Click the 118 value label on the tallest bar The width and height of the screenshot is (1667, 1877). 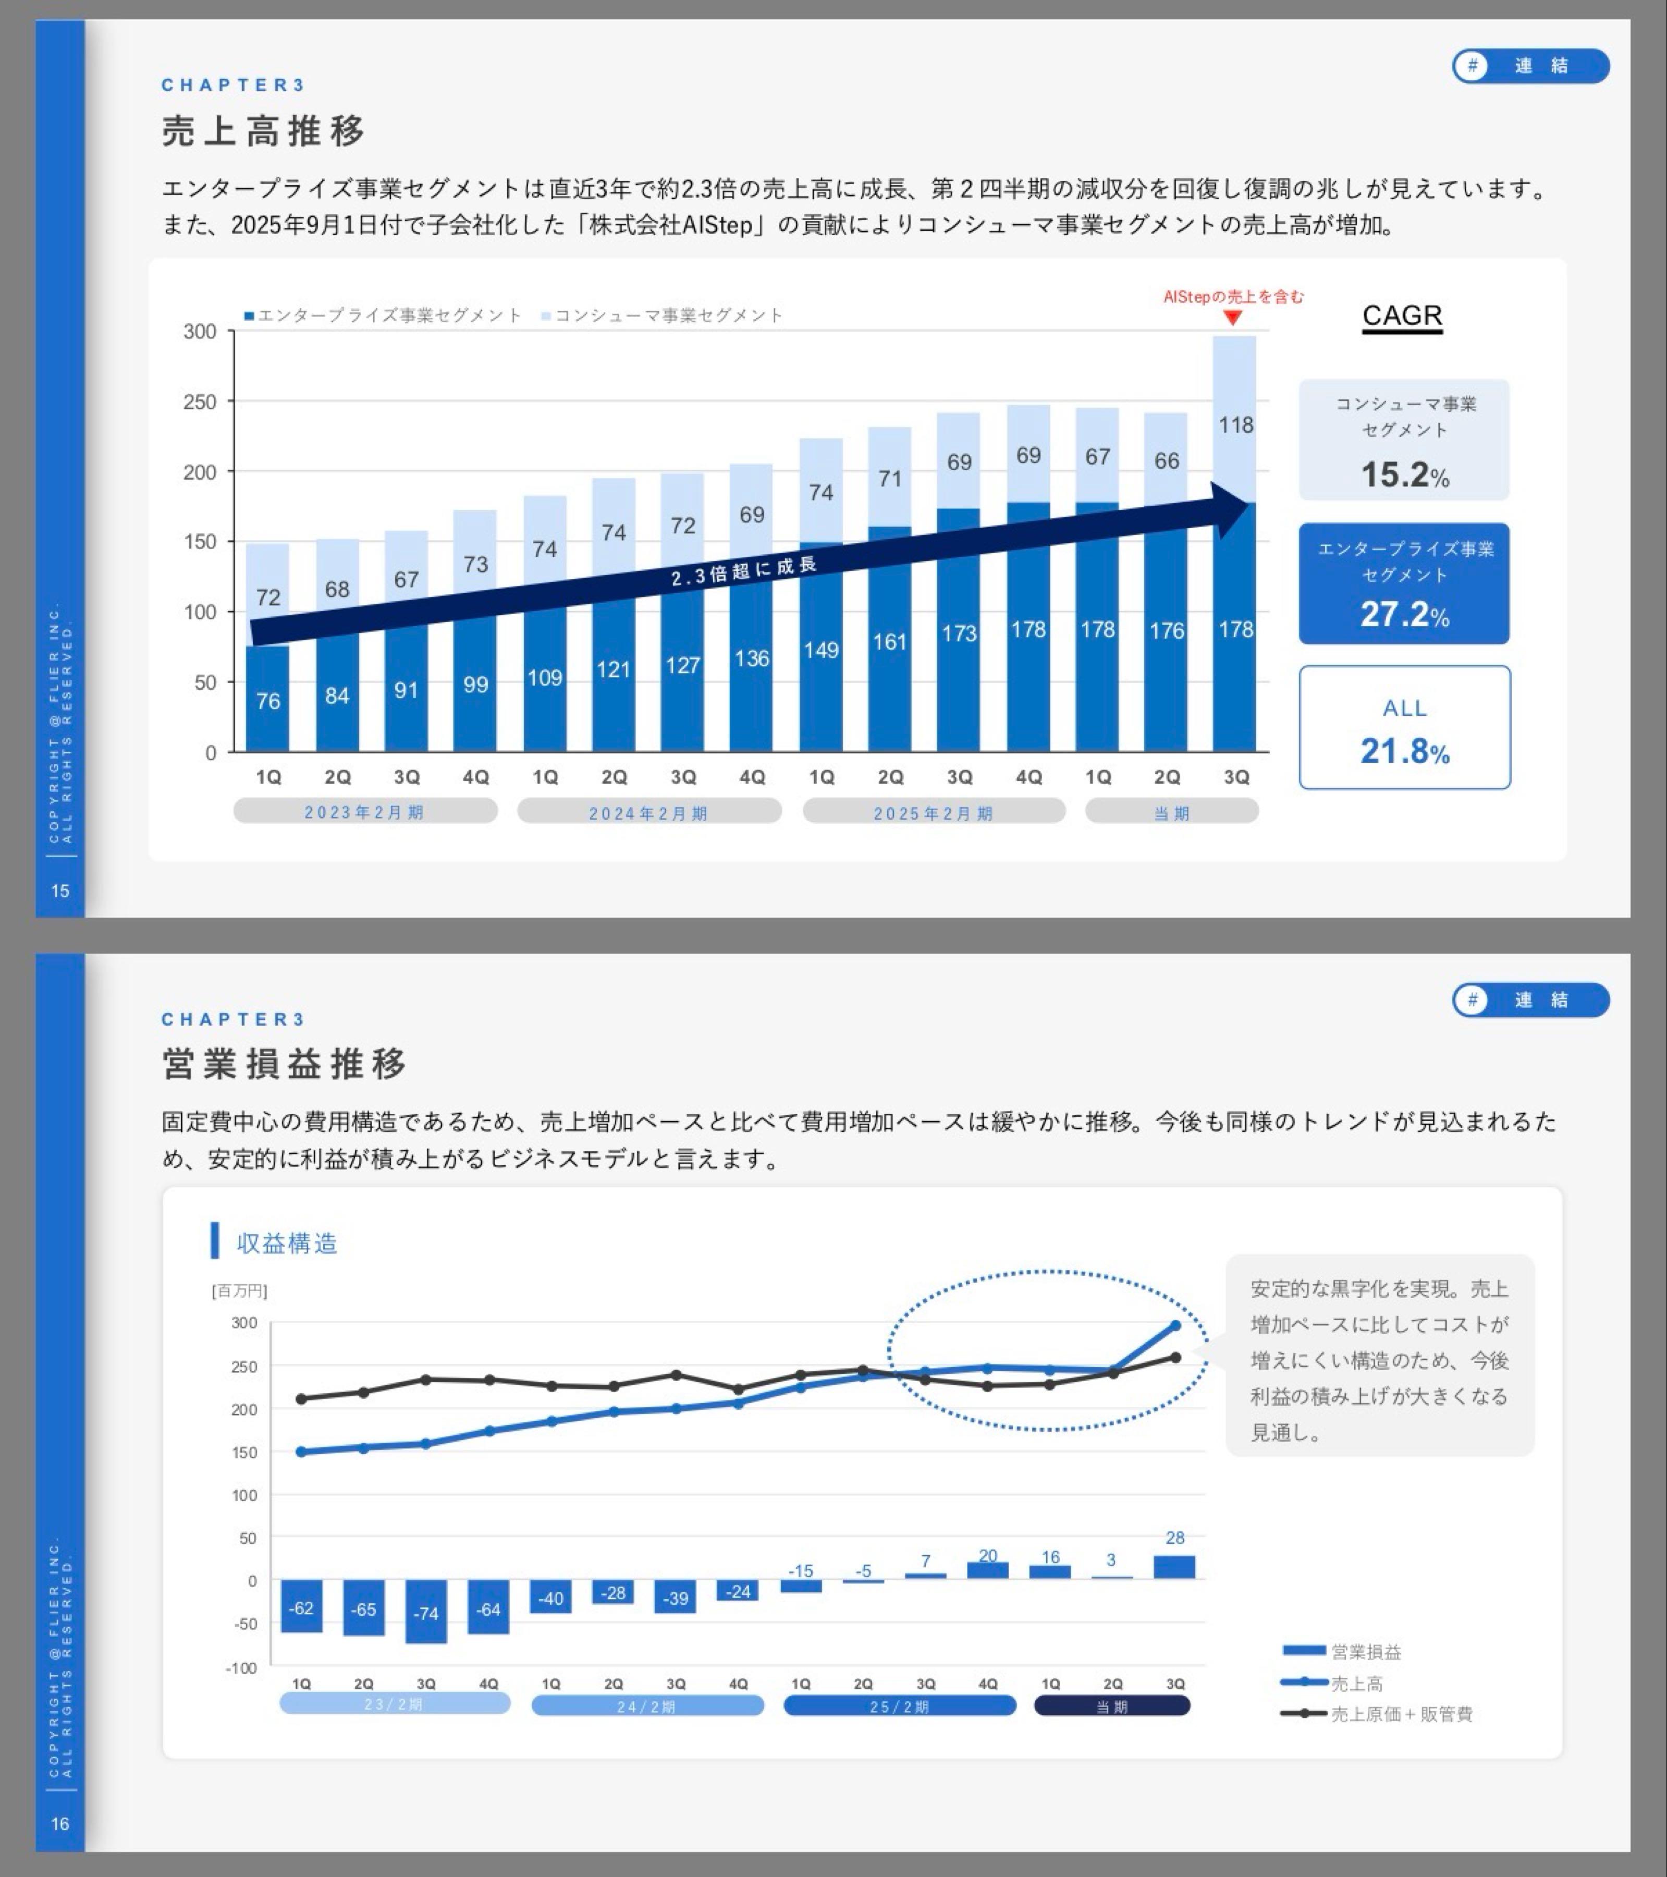(1235, 425)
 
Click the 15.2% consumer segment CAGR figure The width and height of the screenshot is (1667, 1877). (1404, 475)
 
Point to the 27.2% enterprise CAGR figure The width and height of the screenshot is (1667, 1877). (1404, 614)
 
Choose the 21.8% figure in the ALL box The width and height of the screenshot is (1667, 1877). (1404, 751)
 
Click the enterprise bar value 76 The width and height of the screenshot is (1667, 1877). (268, 701)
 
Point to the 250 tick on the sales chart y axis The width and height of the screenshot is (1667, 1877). (200, 401)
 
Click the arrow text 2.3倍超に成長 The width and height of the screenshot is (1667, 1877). (743, 571)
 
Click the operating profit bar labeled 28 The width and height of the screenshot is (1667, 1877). (1174, 1567)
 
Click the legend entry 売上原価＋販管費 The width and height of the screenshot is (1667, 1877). (1401, 1713)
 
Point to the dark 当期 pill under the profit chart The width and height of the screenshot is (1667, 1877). (1112, 1705)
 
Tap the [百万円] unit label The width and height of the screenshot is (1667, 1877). (240, 1290)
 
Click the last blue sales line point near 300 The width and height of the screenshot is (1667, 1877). (1175, 1325)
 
